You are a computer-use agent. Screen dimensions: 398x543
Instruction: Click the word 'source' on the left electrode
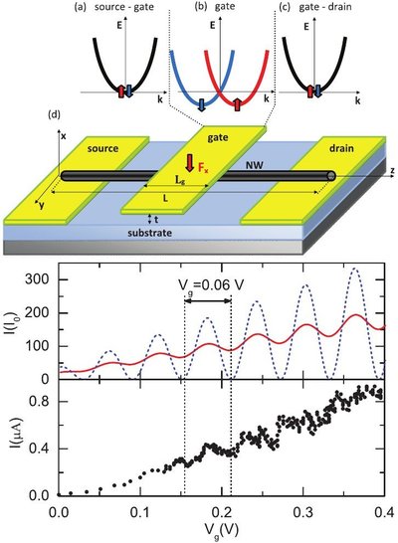tap(102, 148)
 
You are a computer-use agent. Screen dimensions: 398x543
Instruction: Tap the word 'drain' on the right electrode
tap(341, 148)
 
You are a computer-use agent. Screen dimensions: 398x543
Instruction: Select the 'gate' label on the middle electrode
tap(218, 138)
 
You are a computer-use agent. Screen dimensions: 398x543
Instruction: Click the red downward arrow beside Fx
tap(189, 163)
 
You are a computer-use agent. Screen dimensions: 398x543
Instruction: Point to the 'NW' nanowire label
tap(255, 165)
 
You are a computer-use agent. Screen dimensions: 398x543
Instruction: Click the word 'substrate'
tap(149, 233)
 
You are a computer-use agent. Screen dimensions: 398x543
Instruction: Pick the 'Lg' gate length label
tap(180, 180)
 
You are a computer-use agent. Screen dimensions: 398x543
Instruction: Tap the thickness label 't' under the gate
tap(156, 219)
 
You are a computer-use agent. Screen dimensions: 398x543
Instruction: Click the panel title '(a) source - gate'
tap(114, 7)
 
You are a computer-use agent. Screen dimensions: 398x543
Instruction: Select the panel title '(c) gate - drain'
tap(315, 7)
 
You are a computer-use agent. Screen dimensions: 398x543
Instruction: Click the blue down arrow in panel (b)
tap(202, 105)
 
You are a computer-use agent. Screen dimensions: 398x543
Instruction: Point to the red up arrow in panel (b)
tap(237, 104)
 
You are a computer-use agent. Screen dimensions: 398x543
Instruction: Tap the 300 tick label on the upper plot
tap(38, 279)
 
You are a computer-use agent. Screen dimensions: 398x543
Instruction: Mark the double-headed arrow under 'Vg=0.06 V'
tap(208, 301)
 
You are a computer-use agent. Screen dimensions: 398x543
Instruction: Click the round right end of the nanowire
tap(331, 176)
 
